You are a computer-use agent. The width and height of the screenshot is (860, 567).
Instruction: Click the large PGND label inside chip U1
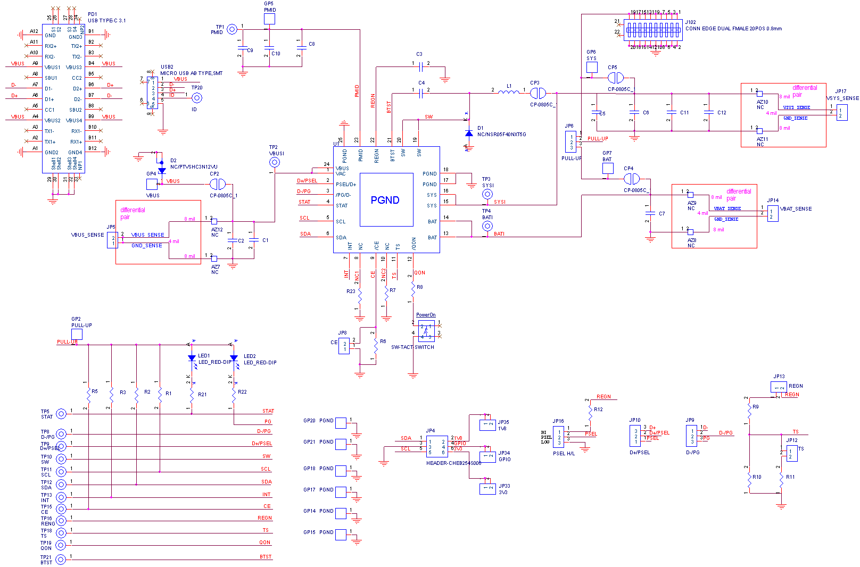coord(385,201)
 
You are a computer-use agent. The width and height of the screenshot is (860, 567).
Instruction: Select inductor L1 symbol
coord(509,93)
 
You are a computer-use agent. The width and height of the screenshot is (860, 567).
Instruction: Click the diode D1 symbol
coord(469,134)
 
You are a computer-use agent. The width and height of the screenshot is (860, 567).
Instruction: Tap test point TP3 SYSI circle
coord(487,194)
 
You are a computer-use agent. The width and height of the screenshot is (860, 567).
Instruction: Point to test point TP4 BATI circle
coord(487,226)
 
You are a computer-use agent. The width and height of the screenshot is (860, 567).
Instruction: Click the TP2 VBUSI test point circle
coord(275,162)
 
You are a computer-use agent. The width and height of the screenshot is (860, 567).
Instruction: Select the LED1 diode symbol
coord(192,358)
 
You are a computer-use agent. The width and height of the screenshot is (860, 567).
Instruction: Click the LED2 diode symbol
coord(234,358)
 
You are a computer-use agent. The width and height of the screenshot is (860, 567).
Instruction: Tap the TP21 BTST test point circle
coord(61,559)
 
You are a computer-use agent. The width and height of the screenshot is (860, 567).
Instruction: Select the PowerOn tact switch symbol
coord(426,331)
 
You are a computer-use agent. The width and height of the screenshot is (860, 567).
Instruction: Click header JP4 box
coord(437,447)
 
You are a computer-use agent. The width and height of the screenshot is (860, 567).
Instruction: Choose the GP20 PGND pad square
coord(341,423)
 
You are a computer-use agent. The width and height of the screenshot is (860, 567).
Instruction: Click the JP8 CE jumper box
coord(344,346)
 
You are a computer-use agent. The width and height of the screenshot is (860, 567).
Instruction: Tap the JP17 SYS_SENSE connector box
coord(842,113)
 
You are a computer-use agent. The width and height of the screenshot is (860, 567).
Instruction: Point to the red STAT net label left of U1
coord(304,202)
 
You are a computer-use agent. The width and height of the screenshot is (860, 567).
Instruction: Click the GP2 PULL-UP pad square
coord(77,334)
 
